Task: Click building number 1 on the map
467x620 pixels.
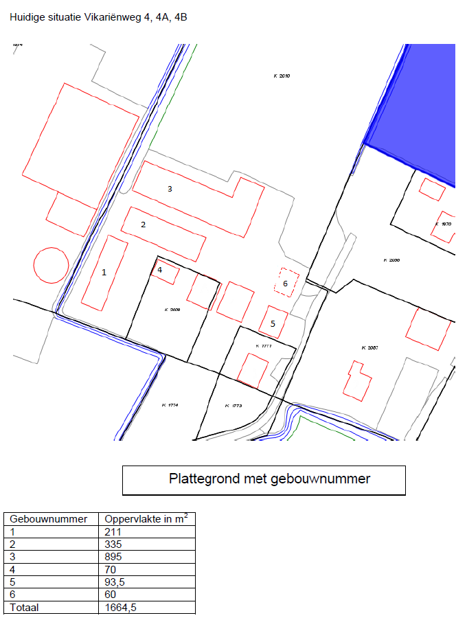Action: [104, 273]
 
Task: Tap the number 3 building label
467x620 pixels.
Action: [170, 188]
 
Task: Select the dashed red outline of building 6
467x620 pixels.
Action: [286, 282]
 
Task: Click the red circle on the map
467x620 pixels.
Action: [51, 265]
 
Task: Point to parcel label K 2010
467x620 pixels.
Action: [282, 76]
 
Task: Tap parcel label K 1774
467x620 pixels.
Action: [170, 406]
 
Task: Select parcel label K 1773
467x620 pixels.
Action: [233, 406]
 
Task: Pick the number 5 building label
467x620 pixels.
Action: [273, 323]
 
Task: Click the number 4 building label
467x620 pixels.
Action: [160, 270]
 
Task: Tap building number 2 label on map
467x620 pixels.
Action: [144, 225]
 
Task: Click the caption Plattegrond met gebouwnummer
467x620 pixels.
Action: [269, 479]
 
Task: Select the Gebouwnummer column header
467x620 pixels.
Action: [49, 519]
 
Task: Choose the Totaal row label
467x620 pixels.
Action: [23, 608]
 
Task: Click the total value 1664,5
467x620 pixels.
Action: [120, 608]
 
